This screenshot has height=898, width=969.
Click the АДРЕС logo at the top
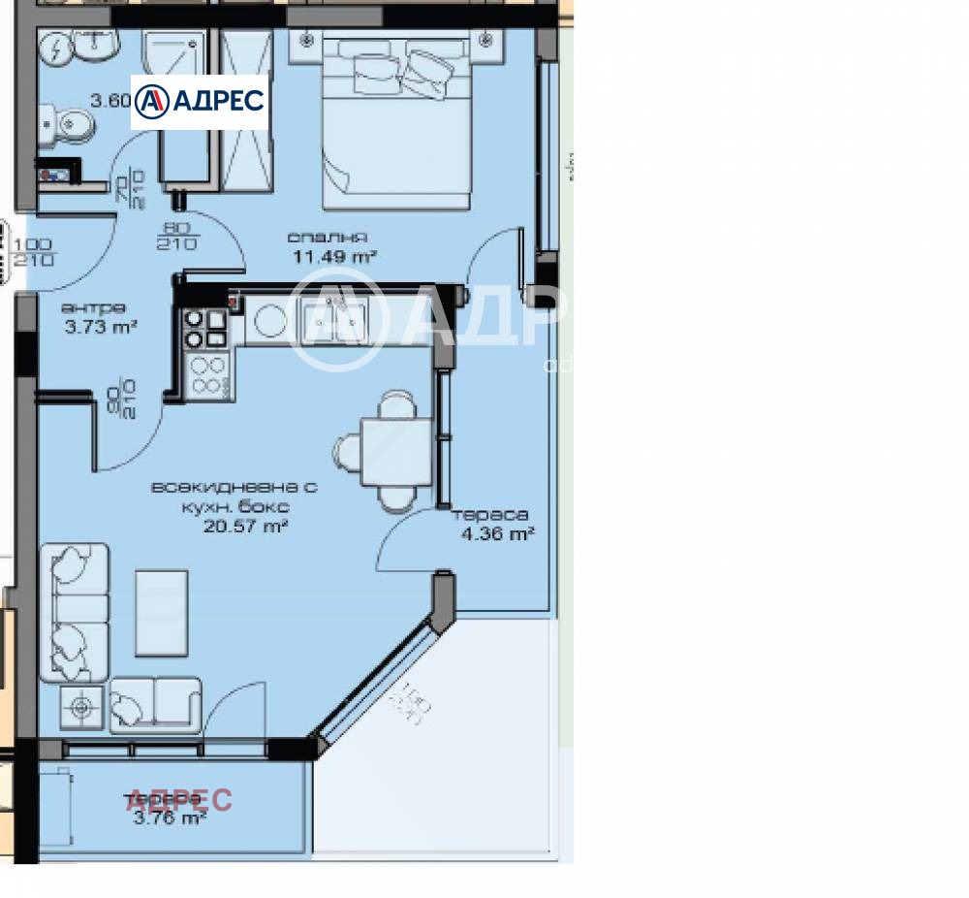200,101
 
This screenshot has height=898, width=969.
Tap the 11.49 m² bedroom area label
334,257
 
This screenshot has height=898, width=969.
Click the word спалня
327,237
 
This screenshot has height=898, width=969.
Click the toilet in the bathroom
64,124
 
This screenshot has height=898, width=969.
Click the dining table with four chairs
395,452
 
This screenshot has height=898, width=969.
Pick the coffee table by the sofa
161,613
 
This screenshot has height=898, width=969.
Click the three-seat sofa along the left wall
74,613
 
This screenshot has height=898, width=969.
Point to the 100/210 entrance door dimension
35,251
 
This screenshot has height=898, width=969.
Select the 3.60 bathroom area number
109,99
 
